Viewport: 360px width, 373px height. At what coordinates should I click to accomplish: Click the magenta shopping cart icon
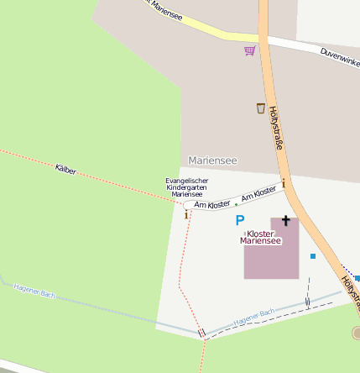[249, 50]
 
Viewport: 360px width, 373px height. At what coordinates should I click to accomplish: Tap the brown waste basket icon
[260, 108]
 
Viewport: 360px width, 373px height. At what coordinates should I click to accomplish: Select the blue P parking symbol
[239, 220]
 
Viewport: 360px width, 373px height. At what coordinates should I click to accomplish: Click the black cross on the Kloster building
[285, 221]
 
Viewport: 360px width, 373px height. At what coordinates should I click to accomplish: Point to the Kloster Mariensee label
[264, 237]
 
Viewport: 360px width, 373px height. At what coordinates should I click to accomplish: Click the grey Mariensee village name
[212, 160]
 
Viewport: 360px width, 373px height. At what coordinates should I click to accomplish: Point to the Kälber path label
[65, 170]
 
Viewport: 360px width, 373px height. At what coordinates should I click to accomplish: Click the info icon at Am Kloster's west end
[186, 214]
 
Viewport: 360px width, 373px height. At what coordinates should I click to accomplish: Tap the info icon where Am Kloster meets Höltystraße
[284, 183]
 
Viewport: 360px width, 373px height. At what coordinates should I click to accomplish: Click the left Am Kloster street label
[211, 204]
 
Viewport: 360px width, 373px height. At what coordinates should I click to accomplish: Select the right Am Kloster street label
[258, 194]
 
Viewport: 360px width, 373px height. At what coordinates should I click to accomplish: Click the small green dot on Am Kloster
[236, 204]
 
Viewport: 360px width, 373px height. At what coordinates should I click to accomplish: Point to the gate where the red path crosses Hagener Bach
[201, 333]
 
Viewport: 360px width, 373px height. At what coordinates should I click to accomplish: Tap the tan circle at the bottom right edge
[356, 334]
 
